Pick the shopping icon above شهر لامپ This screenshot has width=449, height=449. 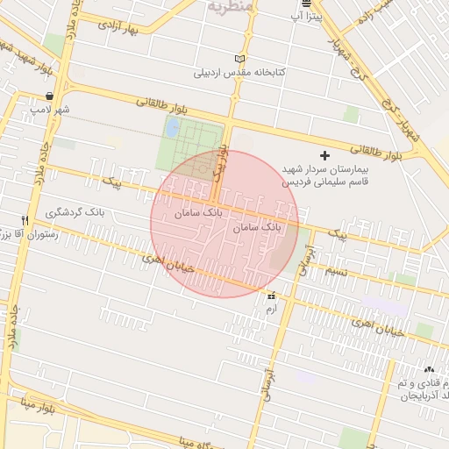(49, 96)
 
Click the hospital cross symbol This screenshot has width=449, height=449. (325, 154)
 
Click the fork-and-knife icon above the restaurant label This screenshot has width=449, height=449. (25, 220)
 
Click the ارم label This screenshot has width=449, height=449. (270, 310)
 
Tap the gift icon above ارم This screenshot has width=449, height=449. (270, 297)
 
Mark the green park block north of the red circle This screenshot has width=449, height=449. (189, 145)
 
